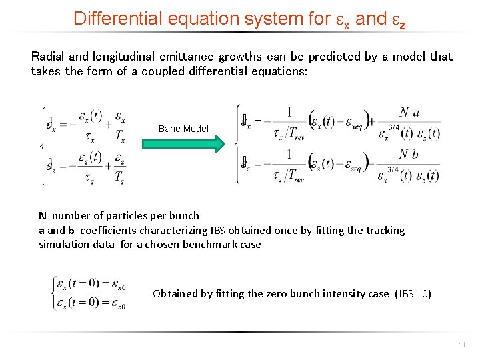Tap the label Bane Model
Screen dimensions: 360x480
(183, 129)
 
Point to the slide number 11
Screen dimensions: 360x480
(462, 344)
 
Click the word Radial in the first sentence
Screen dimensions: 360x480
(47, 57)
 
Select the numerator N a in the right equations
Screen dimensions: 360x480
(409, 113)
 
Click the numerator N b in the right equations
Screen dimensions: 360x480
(409, 154)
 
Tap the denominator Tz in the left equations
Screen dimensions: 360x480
(119, 177)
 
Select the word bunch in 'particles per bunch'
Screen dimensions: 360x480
(185, 215)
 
